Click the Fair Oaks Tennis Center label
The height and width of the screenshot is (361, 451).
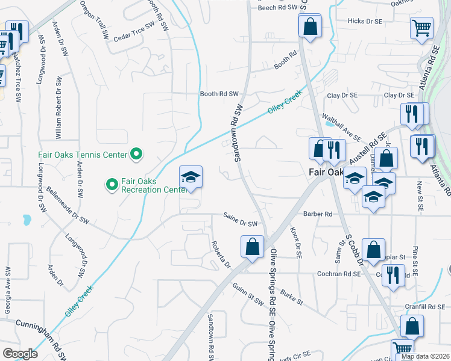point(83,155)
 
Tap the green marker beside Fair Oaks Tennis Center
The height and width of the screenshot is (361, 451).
point(137,155)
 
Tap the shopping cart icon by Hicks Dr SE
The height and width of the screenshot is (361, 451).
point(421,27)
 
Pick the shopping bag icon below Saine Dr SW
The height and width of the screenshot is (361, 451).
point(252,246)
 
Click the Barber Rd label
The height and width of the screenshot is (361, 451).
point(318,214)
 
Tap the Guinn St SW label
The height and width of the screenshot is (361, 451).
point(248,293)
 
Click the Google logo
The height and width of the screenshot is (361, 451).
point(20,354)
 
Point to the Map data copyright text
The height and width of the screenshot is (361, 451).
point(424,356)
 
